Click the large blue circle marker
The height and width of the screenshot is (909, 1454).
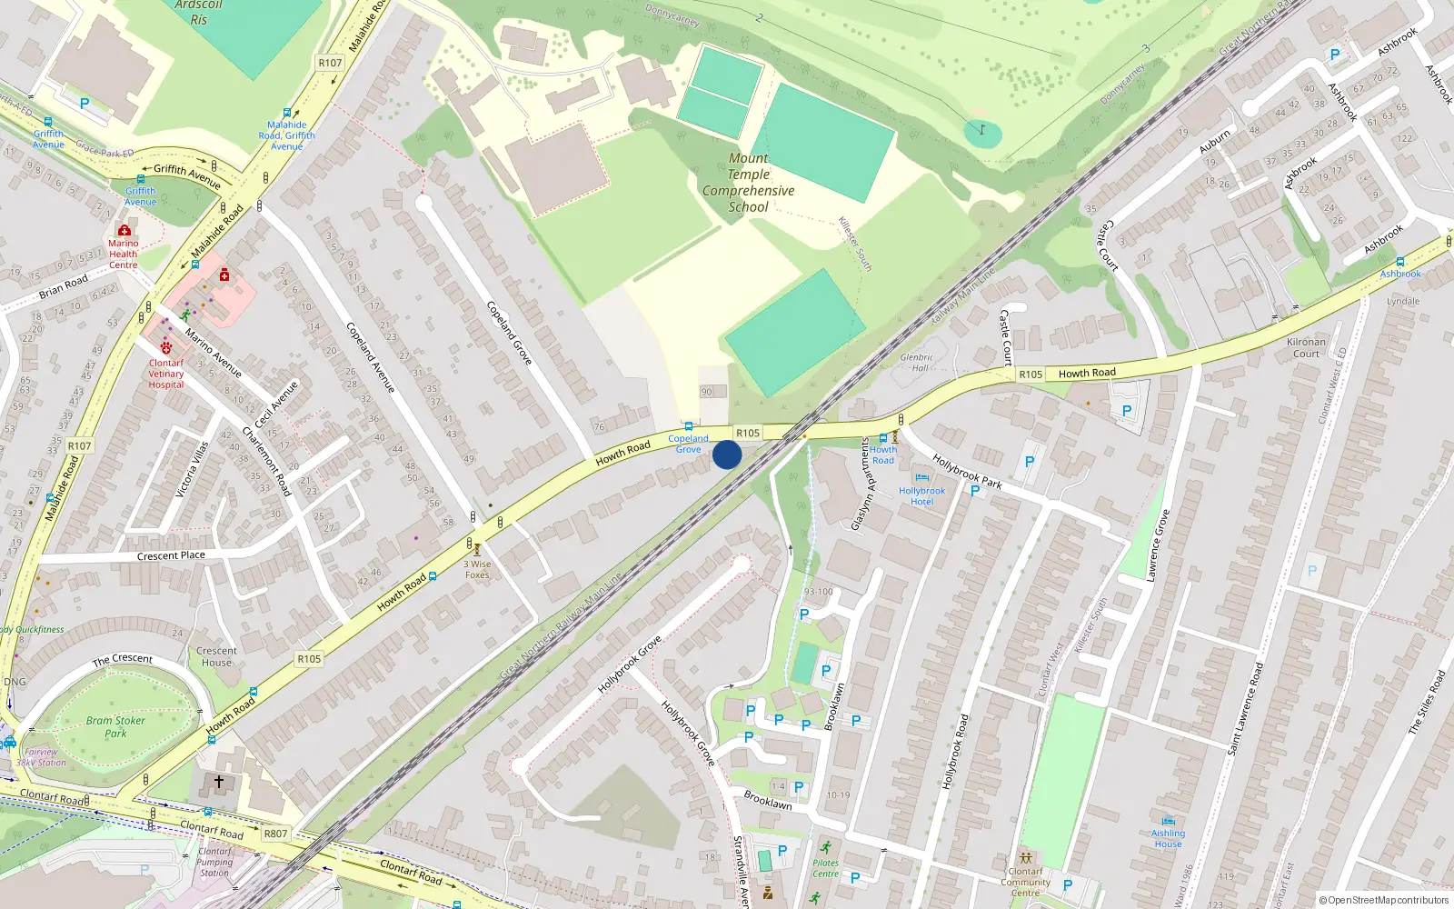click(727, 454)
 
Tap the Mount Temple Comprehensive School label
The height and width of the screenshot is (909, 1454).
click(748, 183)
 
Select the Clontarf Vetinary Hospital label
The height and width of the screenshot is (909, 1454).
click(166, 374)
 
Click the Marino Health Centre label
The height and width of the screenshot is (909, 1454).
click(124, 254)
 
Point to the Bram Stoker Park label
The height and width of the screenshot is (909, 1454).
click(115, 726)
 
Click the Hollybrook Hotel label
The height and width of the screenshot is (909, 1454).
click(921, 495)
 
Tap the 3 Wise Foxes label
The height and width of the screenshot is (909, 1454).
click(477, 569)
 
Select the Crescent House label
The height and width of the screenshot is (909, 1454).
click(216, 656)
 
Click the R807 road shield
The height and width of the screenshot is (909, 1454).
click(275, 834)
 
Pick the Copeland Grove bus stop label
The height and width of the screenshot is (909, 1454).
click(688, 444)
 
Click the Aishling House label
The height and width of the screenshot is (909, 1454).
click(1168, 838)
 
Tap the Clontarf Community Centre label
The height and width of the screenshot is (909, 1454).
click(1025, 882)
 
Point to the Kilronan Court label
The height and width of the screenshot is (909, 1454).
click(1306, 347)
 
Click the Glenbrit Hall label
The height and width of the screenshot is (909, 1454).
click(917, 363)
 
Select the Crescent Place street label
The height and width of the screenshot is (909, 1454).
click(171, 555)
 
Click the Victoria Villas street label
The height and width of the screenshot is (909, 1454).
click(192, 469)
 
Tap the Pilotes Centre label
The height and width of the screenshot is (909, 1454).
click(825, 868)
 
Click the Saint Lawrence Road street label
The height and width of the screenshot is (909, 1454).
click(1245, 709)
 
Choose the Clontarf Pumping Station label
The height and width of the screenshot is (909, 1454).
click(214, 862)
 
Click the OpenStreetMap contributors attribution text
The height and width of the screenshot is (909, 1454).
click(1383, 900)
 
